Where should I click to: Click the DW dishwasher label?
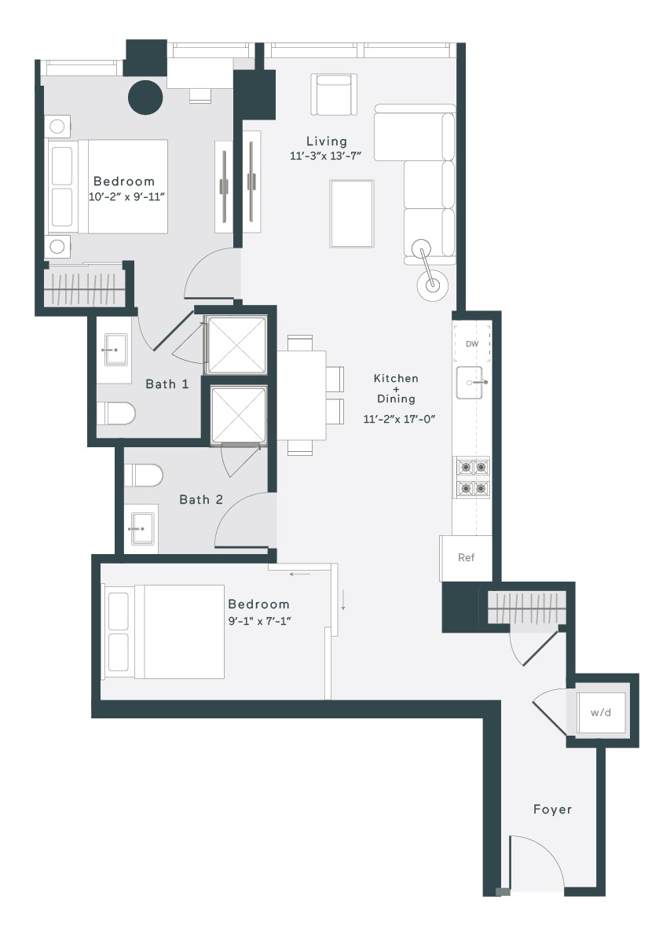(472, 343)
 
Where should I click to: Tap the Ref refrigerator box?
(466, 557)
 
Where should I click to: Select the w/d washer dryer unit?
(601, 712)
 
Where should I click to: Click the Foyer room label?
(552, 810)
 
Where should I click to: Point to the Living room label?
(327, 141)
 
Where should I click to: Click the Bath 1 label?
(167, 384)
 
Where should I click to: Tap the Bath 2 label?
(201, 499)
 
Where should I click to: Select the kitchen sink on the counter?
(470, 382)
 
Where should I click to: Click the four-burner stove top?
(472, 478)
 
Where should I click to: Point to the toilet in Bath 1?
(116, 413)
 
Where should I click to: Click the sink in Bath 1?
(115, 350)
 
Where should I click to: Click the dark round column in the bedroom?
(145, 97)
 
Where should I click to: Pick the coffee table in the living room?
(352, 214)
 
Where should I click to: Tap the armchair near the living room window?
(335, 94)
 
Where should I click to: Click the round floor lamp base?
(434, 285)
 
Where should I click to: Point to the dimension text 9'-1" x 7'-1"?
(259, 621)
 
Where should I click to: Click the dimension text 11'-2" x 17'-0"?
(400, 419)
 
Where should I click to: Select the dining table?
(302, 395)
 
